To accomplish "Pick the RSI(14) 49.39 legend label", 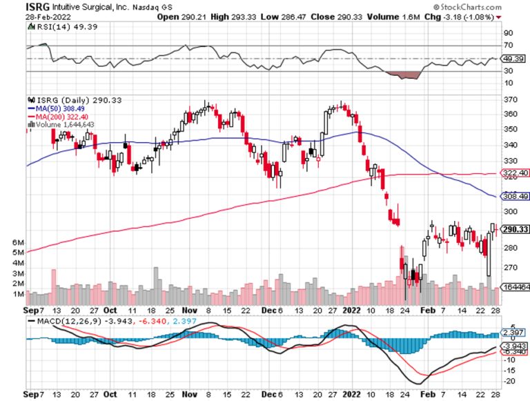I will (52, 26).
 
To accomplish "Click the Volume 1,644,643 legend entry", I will (61, 124).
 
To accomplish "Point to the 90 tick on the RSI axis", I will (508, 32).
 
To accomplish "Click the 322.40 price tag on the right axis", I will (513, 173).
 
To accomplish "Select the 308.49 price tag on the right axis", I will (513, 196).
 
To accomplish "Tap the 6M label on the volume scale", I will (19, 243).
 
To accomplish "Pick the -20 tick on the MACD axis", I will (509, 380).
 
